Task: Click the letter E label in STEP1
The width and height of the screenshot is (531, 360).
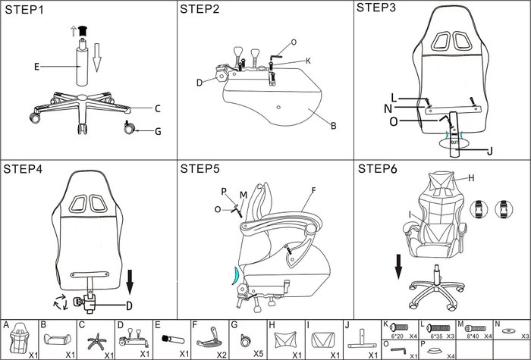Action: click(36, 67)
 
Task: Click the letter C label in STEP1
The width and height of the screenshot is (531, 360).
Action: click(157, 108)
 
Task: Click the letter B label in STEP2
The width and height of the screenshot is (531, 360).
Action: click(332, 127)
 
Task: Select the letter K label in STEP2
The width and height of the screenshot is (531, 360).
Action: click(308, 60)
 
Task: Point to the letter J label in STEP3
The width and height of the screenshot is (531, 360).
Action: click(489, 151)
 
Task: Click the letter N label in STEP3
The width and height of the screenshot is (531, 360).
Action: click(388, 108)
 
